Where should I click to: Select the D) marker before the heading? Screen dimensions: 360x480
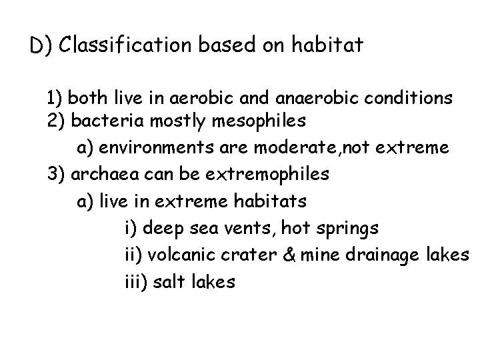click(42, 46)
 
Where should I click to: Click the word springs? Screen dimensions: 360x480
click(346, 229)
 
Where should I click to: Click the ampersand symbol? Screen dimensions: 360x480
click(285, 256)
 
